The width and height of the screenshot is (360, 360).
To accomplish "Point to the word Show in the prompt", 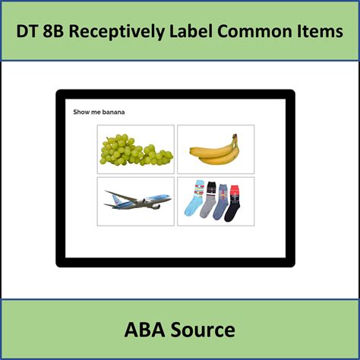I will [x=81, y=112].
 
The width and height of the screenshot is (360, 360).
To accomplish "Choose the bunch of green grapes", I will [x=136, y=150].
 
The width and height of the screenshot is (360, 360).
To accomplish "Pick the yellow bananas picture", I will [x=215, y=150].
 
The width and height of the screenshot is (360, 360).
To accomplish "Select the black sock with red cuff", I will [x=233, y=202].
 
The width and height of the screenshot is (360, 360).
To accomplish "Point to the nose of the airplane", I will [x=169, y=198].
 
